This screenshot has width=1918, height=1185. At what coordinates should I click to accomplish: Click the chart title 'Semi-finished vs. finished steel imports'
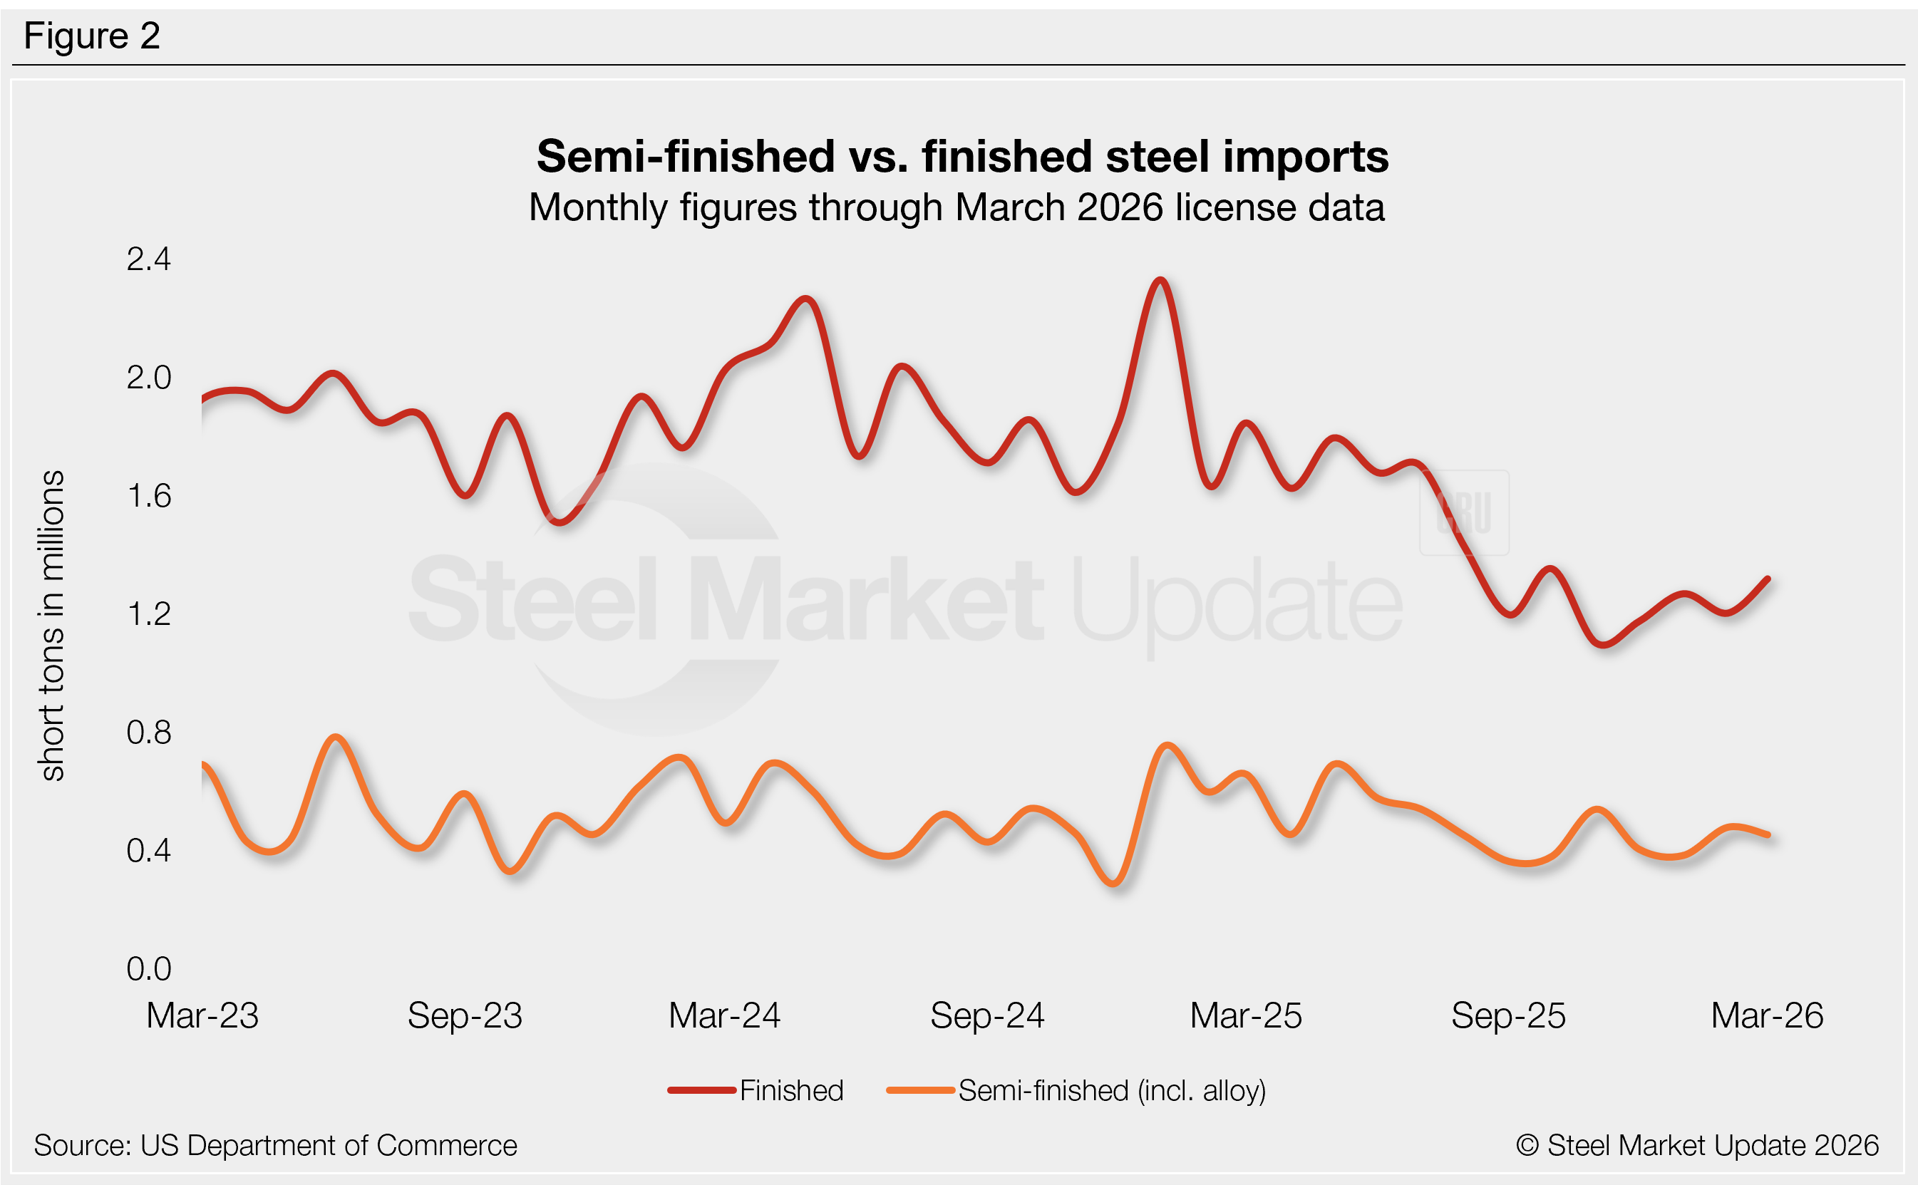961,156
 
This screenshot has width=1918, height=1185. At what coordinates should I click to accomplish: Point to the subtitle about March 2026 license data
957,207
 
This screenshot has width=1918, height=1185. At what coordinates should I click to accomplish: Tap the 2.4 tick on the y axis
148,259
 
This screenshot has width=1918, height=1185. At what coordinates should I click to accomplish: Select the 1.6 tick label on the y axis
148,496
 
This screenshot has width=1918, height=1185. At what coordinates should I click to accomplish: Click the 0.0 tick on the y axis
148,968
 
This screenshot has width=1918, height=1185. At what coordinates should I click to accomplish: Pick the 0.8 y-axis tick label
148,732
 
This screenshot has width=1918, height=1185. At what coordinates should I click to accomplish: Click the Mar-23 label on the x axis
202,1015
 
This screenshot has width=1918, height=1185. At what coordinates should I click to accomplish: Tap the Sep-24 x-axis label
987,1015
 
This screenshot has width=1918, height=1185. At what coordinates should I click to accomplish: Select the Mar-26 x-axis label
1767,1015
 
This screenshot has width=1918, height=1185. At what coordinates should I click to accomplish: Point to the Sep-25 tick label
1508,1015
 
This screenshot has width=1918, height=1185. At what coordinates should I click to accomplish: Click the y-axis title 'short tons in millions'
52,625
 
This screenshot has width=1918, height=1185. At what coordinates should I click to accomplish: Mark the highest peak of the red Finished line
1161,280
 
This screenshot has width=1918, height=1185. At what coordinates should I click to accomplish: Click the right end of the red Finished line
1768,579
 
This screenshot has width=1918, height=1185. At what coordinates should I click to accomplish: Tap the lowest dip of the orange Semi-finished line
1115,884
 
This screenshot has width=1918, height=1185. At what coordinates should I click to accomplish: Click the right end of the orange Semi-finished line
1768,835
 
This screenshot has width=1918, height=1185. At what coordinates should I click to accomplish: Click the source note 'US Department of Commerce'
275,1145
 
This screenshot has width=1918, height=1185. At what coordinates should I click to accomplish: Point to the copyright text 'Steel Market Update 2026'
1697,1145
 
